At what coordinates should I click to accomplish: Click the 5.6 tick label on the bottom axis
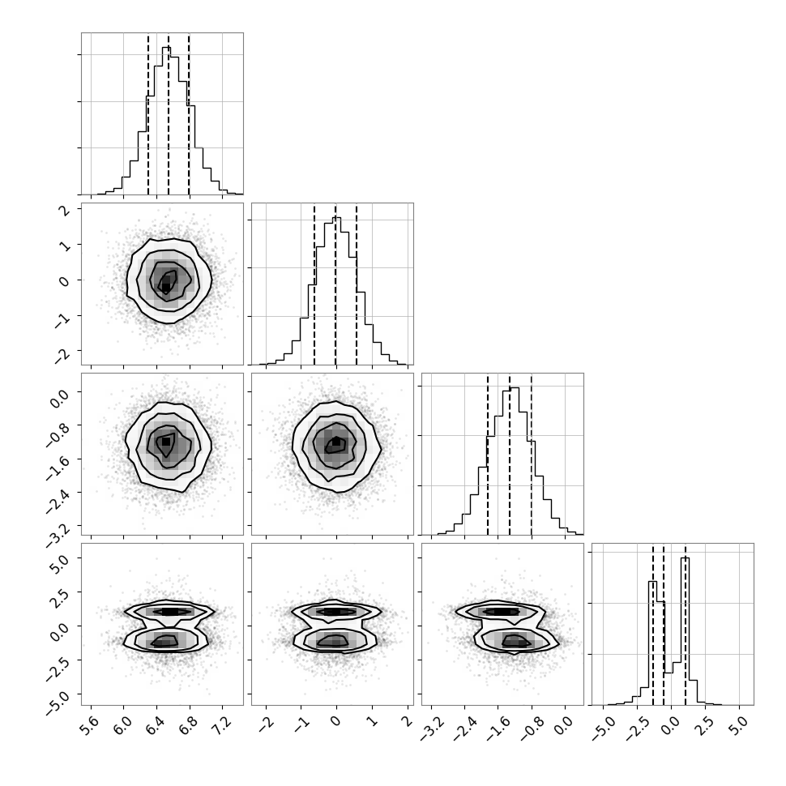pos(91,725)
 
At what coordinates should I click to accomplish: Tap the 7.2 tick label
pos(224,725)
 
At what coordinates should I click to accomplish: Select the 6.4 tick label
pos(157,725)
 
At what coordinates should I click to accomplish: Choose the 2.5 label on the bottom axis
pos(704,725)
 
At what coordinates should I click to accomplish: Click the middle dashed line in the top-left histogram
pos(169,114)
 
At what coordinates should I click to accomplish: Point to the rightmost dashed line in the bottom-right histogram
pos(686,625)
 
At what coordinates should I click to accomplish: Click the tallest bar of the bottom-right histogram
pos(686,631)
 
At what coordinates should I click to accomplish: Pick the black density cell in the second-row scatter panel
pos(166,287)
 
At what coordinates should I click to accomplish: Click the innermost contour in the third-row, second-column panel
pos(335,445)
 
